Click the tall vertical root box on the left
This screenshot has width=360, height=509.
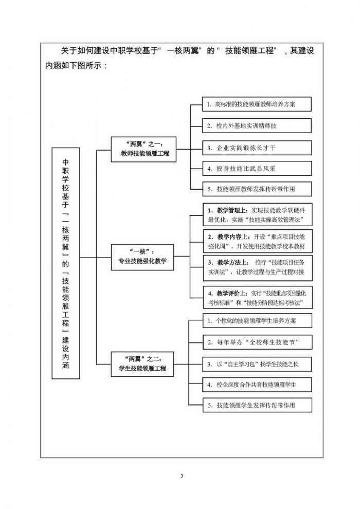66,263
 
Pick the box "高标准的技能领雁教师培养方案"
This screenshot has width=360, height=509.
257,104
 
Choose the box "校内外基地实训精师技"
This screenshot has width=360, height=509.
257,126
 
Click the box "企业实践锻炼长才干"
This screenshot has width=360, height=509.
257,148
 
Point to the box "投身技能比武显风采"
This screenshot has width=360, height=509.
257,169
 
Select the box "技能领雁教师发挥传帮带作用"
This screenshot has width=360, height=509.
257,190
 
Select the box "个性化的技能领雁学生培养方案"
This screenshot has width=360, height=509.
257,321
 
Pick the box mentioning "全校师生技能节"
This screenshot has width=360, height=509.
257,342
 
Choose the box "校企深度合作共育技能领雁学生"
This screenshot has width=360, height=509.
257,384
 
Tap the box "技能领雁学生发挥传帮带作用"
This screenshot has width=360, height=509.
257,405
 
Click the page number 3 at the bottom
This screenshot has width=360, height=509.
182,476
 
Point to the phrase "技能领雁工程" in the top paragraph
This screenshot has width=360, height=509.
250,50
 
